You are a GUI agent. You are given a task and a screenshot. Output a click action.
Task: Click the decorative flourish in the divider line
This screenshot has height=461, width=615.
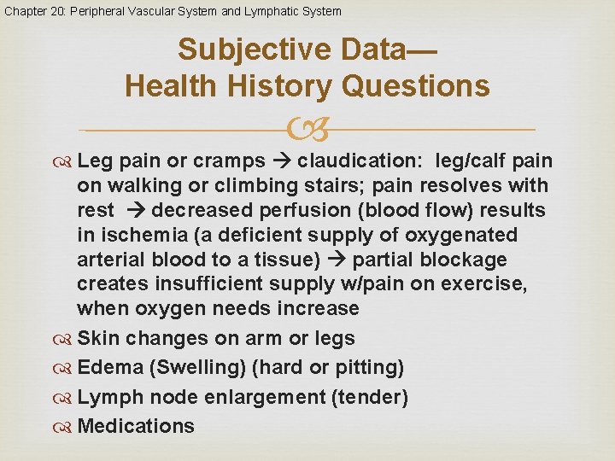tap(307, 130)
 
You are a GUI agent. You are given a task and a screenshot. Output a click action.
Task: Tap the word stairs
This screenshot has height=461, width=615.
tap(295, 185)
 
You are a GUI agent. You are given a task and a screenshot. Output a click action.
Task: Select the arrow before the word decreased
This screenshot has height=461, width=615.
tap(138, 210)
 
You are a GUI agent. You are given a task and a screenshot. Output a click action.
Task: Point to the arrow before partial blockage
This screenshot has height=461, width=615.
tap(339, 260)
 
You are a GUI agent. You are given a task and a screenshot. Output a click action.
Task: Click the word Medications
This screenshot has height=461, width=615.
tap(136, 426)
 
